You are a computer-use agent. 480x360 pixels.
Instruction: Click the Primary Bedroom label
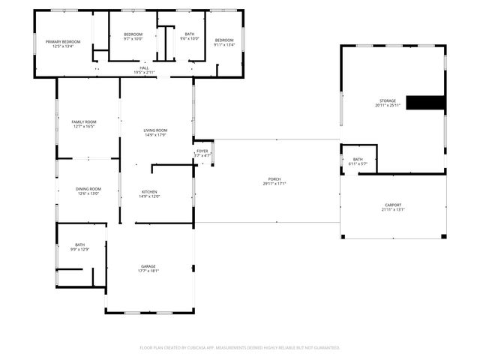pyautogui.click(x=63, y=41)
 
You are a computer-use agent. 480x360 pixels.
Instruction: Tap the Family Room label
pyautogui.click(x=84, y=121)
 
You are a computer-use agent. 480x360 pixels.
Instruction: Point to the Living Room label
pyautogui.click(x=155, y=131)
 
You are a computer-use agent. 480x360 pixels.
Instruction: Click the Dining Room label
pyautogui.click(x=88, y=189)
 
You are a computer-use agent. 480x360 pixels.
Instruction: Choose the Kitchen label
pyautogui.click(x=149, y=192)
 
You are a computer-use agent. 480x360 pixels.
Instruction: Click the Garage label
pyautogui.click(x=148, y=266)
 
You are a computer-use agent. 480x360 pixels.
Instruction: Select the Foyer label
pyautogui.click(x=202, y=151)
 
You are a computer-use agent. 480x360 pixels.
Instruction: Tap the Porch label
pyautogui.click(x=274, y=179)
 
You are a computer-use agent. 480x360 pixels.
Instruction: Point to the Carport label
pyautogui.click(x=393, y=205)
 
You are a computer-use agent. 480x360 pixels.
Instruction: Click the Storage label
pyautogui.click(x=387, y=100)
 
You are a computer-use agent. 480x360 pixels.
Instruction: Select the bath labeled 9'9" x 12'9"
pyautogui.click(x=79, y=245)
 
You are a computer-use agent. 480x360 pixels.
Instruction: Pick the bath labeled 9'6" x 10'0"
pyautogui.click(x=190, y=34)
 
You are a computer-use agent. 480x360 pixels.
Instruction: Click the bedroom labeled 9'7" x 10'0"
pyautogui.click(x=133, y=34)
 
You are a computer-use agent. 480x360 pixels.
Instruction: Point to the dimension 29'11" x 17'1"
pyautogui.click(x=274, y=184)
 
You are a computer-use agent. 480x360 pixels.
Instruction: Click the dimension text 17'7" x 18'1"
pyautogui.click(x=148, y=271)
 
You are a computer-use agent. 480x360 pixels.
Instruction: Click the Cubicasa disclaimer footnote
pyautogui.click(x=240, y=347)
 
